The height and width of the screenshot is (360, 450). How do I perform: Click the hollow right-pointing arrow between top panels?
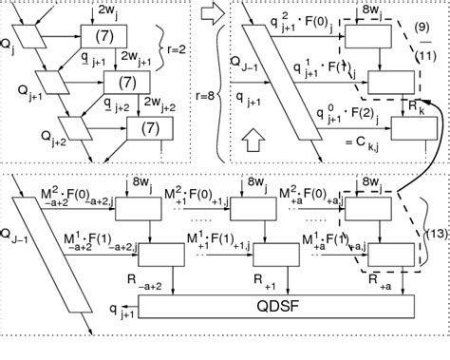click(212, 15)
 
